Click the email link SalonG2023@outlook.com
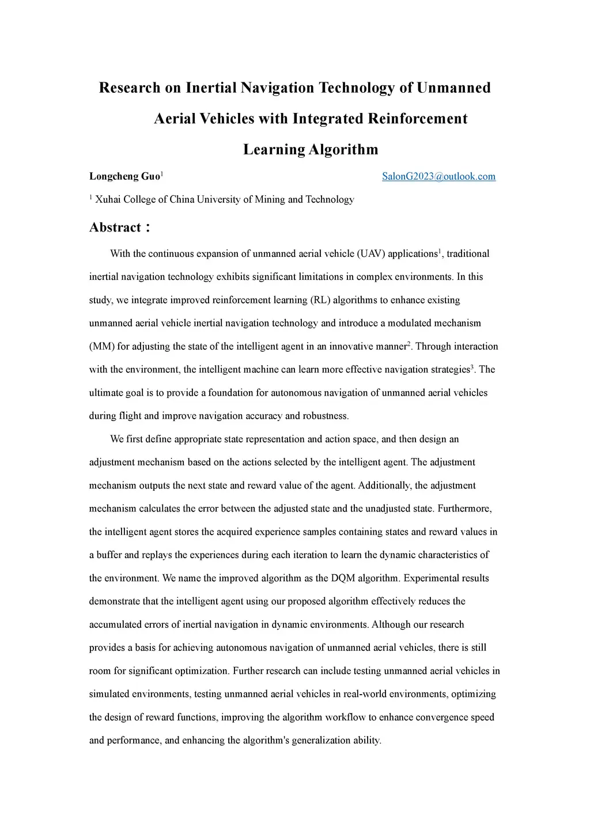438,176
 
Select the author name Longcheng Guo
124,176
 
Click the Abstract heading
115,228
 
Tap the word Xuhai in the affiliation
108,199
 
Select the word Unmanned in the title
453,88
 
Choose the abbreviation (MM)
102,347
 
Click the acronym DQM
343,578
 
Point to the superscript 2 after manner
409,344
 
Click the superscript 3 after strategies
472,367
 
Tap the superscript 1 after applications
440,251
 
